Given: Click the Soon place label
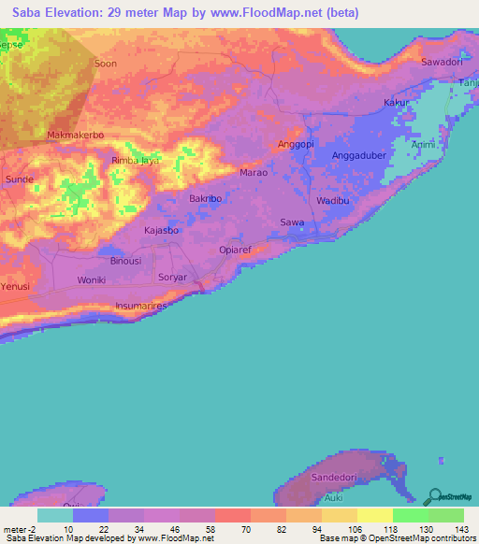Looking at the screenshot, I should point(106,64).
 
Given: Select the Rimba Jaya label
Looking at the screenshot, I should point(136,161).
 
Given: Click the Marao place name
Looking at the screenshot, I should point(254,173).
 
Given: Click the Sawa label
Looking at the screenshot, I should point(293,222).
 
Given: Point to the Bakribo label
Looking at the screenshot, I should point(205,199).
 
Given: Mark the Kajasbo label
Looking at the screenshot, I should point(163,229).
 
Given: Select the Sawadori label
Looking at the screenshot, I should point(442,62).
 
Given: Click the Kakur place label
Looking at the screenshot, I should point(397,103).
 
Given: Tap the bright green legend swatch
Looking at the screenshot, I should point(410,515).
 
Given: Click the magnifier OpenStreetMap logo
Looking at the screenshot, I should point(433,497).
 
